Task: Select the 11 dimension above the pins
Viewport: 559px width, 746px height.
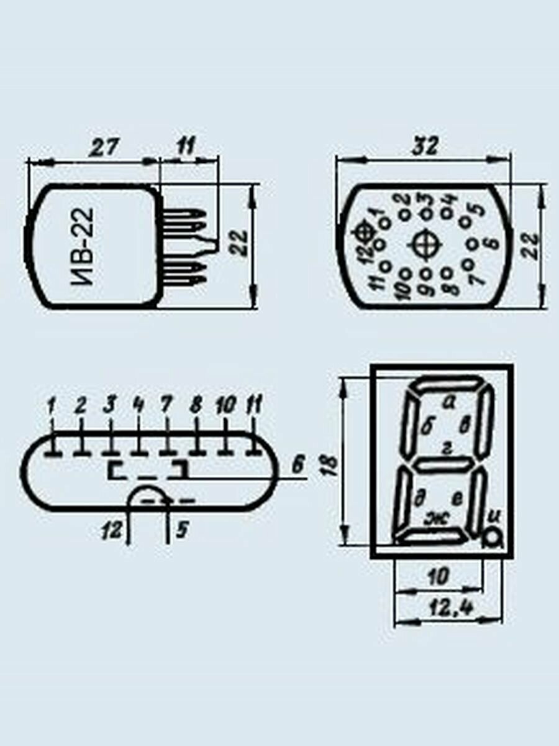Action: coord(186,147)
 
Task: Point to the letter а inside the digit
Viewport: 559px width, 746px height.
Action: coord(449,403)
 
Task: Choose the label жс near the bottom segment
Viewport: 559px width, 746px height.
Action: coord(437,527)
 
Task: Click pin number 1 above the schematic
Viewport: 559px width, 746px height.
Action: coord(52,405)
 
